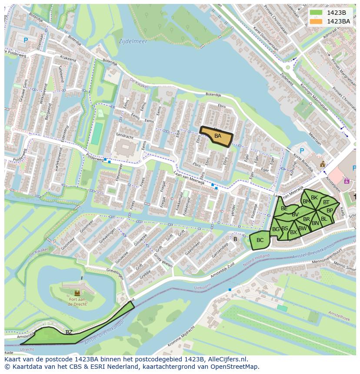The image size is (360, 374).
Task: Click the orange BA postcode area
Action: click(217, 136)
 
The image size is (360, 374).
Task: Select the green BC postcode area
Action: click(260, 240)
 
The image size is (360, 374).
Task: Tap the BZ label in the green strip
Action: click(69, 332)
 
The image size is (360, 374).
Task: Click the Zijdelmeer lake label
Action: click(133, 42)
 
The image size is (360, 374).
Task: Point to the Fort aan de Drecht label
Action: click(77, 301)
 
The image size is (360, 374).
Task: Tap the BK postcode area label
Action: click(314, 198)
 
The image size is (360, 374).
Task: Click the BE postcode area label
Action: click(284, 209)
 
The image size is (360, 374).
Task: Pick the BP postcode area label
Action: click(330, 211)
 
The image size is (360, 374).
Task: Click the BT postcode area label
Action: click(326, 202)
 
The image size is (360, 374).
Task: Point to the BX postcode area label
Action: click(293, 232)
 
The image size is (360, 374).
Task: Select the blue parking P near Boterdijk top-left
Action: click(26, 40)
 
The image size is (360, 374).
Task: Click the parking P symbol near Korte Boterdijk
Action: click(302, 151)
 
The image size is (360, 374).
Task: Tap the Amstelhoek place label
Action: click(340, 318)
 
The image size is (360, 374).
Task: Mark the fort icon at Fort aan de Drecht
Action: click(77, 293)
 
